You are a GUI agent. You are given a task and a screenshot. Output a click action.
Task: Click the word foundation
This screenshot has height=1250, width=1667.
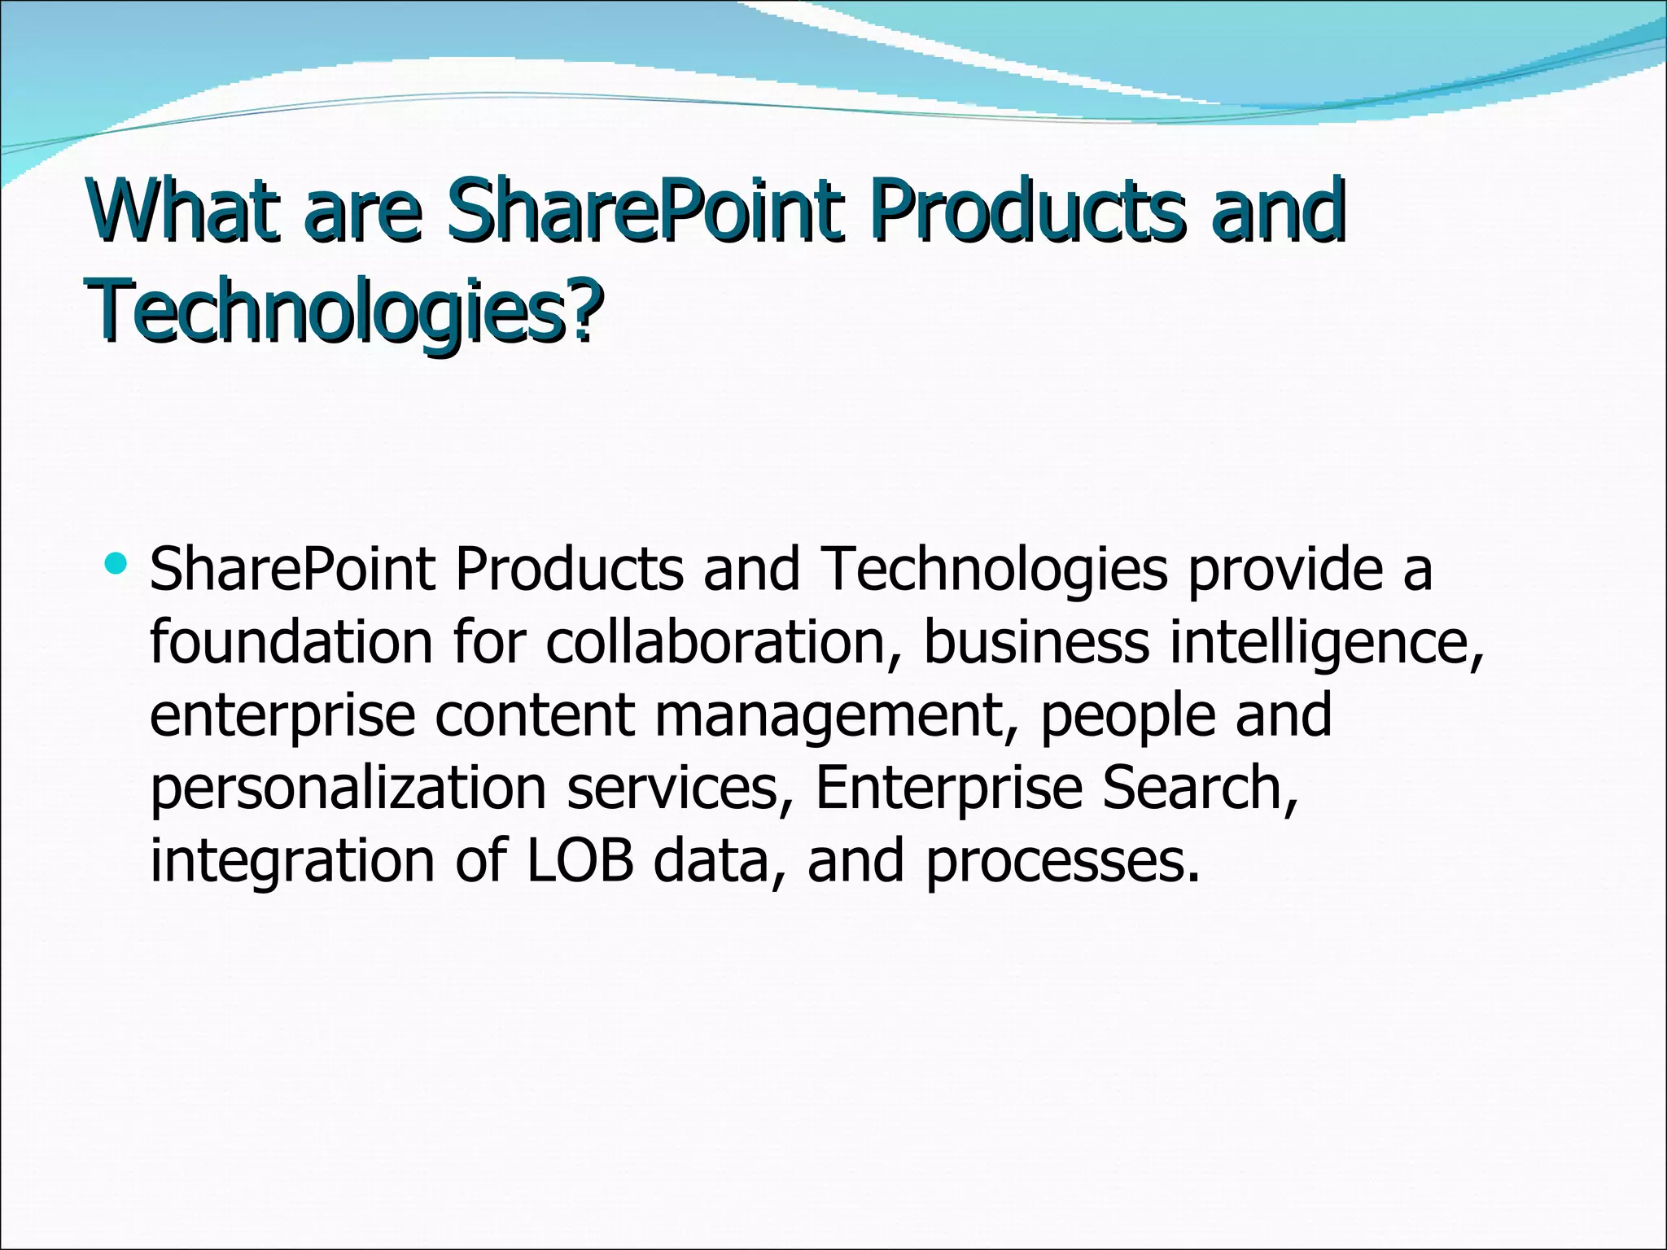point(291,642)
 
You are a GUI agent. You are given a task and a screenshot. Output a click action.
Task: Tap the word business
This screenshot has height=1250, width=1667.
point(1036,642)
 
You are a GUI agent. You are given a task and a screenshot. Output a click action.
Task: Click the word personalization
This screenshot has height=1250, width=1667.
point(348,789)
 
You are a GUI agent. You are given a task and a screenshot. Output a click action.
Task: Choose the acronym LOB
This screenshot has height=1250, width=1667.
point(580,860)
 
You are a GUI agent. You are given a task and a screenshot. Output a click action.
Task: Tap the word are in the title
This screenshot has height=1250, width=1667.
point(362,213)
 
